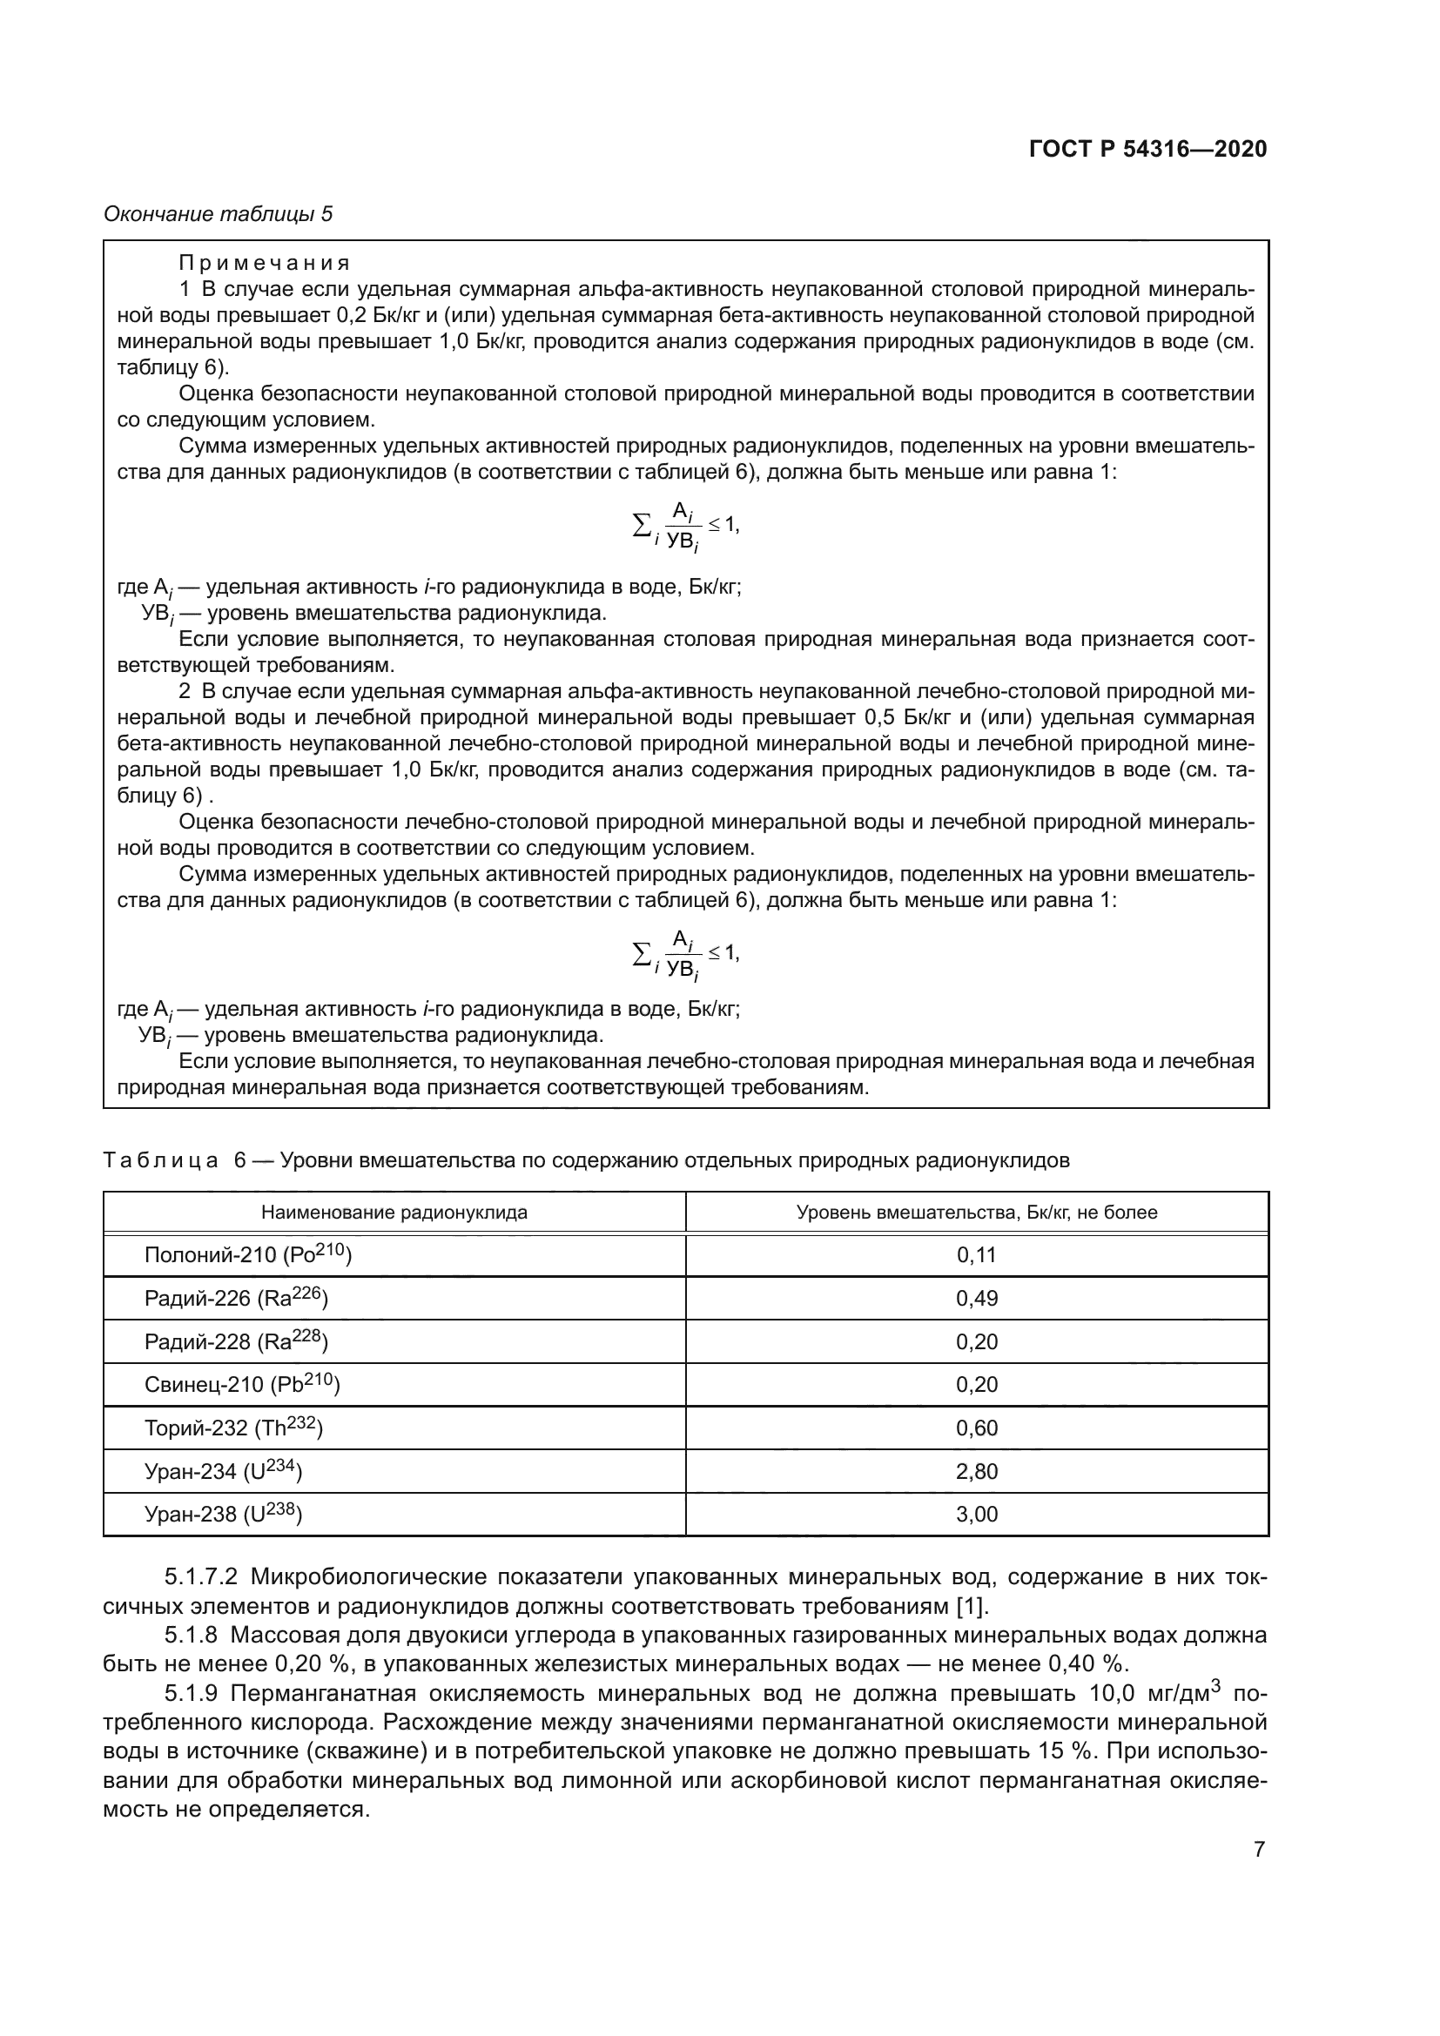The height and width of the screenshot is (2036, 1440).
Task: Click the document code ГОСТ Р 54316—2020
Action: (x=1147, y=149)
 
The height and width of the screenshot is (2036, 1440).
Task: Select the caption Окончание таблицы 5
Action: (x=219, y=214)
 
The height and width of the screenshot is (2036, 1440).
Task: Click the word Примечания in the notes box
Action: (x=265, y=264)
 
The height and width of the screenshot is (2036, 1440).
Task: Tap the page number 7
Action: (x=1258, y=1849)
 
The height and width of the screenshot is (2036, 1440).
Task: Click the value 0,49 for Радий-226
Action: (x=976, y=1298)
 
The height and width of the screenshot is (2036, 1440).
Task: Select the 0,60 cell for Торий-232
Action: (x=976, y=1428)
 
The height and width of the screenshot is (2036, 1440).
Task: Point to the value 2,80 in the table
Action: (x=976, y=1471)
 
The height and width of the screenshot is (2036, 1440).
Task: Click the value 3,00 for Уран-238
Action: (x=976, y=1514)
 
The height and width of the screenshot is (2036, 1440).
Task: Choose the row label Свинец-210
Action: (x=241, y=1384)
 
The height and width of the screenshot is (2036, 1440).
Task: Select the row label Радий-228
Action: (x=236, y=1341)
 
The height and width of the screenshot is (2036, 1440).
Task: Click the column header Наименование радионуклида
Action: (x=394, y=1213)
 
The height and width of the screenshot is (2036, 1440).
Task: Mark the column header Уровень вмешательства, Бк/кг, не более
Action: (x=976, y=1213)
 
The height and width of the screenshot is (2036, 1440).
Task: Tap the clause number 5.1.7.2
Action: (x=201, y=1577)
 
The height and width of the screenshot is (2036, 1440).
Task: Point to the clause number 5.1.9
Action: (x=191, y=1694)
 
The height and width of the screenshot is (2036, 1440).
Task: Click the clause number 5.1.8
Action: (x=191, y=1636)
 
